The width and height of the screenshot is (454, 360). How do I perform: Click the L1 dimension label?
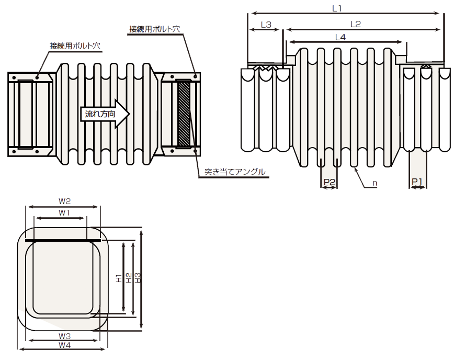337,8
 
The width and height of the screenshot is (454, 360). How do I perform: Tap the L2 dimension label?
355,24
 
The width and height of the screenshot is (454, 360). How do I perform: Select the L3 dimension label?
266,25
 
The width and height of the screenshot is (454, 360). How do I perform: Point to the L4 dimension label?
340,37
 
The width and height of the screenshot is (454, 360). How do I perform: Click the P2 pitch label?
329,182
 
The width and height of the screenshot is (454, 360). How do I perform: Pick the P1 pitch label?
417,182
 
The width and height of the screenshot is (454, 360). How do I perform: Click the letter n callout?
374,183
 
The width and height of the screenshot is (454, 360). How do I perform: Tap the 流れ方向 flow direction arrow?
105,114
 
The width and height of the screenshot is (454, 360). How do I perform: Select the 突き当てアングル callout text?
235,172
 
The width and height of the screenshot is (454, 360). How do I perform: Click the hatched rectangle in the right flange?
184,114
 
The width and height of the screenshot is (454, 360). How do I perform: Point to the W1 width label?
64,213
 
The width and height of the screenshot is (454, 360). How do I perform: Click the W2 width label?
64,201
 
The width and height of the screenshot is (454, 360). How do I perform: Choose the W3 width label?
64,336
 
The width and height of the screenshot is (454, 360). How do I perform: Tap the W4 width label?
64,345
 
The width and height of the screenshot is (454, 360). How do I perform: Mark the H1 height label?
119,278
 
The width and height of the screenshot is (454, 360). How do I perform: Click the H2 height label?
129,278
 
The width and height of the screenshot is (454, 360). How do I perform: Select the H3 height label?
138,278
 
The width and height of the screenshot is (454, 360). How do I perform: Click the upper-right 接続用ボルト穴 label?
155,29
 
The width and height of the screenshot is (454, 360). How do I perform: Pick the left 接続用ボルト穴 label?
75,46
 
